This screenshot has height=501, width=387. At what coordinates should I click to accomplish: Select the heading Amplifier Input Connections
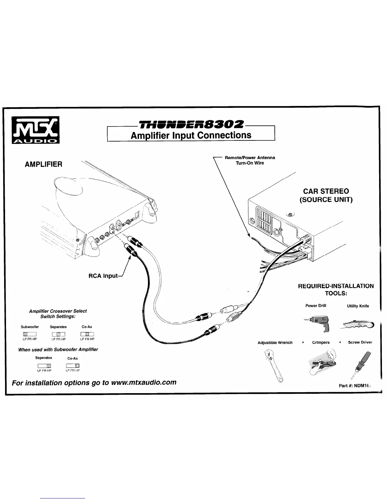tap(191, 135)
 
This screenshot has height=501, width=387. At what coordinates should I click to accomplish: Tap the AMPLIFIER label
tap(44, 164)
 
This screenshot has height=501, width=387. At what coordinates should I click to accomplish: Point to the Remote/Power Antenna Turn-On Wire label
tap(250, 160)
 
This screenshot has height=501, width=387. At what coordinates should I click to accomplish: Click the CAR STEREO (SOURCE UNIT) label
tap(326, 195)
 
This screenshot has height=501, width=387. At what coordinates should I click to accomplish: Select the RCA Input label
tap(103, 276)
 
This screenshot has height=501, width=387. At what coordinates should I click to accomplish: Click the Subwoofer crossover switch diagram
tap(30, 334)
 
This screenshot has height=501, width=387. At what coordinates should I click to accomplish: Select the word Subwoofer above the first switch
tap(30, 327)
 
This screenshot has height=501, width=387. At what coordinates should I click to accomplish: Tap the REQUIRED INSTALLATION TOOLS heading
tap(336, 289)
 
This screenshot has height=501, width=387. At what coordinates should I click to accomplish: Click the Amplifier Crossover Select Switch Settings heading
tap(58, 314)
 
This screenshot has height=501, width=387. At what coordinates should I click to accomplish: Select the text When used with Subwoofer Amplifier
tap(58, 349)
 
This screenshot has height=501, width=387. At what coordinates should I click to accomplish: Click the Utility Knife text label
tap(358, 306)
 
